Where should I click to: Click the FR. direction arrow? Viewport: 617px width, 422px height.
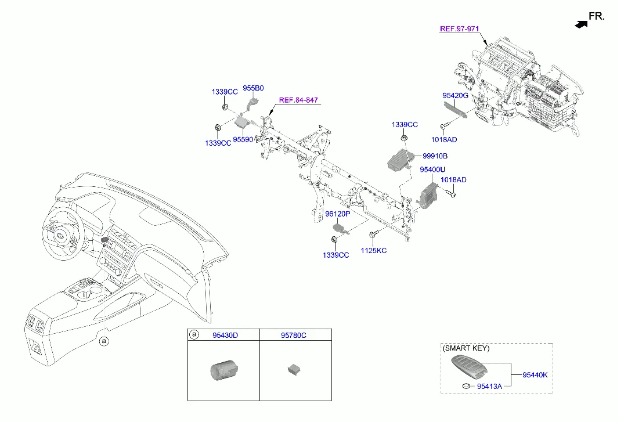point(580,24)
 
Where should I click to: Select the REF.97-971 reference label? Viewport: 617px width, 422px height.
point(459,28)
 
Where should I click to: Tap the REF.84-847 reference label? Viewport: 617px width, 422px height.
point(298,100)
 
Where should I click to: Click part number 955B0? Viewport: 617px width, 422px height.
point(253,88)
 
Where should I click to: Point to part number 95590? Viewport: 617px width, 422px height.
point(243,140)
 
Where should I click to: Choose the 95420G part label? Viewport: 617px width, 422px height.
point(455,95)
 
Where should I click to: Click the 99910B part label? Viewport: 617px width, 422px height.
point(435,156)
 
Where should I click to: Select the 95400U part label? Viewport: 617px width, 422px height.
point(432,169)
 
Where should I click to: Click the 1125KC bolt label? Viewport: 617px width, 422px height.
point(374,251)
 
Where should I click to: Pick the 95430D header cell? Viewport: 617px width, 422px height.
point(225,335)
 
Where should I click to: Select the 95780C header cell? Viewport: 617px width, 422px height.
point(294,335)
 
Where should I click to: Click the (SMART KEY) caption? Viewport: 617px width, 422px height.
point(466,348)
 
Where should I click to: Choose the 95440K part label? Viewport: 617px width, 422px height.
point(535,375)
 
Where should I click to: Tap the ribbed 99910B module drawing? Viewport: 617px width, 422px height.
point(399,157)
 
